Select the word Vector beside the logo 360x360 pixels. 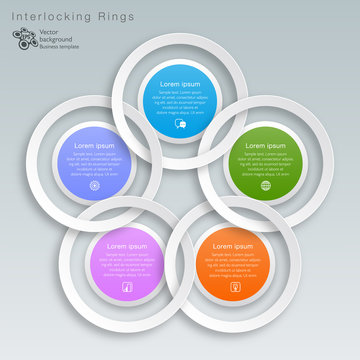tap(48, 32)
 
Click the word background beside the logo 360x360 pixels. tap(56, 39)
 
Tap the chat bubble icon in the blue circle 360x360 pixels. tap(180, 124)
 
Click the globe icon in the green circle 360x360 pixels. tap(265, 185)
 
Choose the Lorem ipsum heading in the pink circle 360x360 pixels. tap(126, 246)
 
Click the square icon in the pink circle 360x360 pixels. tap(126, 287)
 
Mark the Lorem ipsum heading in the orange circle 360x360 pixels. tap(233, 246)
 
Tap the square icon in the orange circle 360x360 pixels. tap(233, 286)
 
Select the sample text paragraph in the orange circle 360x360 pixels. tap(233, 265)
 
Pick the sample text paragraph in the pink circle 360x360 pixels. tap(126, 265)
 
